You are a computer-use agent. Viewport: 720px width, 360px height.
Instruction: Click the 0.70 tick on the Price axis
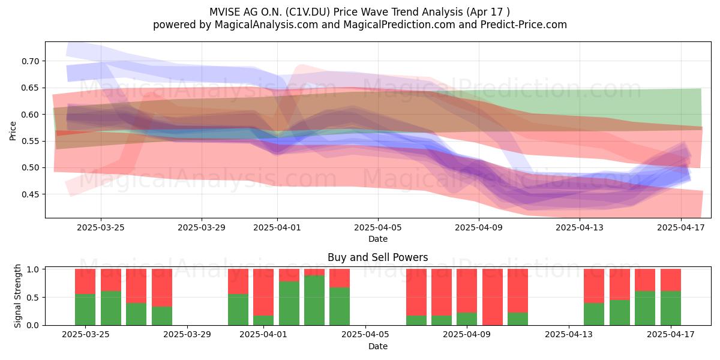point(31,61)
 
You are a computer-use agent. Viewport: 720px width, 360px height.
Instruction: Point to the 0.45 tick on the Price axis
point(31,194)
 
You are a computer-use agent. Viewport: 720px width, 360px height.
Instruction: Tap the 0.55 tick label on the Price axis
point(31,141)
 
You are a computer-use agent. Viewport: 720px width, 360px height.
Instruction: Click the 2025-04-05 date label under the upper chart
point(378,227)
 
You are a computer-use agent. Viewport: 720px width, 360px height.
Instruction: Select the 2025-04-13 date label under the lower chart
point(569,335)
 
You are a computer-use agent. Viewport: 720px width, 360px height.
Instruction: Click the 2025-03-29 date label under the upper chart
point(202,227)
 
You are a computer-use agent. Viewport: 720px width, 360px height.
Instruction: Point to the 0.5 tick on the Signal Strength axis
point(33,298)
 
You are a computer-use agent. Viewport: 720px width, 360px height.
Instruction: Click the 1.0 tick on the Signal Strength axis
point(33,269)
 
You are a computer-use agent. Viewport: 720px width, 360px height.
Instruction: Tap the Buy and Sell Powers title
point(377,257)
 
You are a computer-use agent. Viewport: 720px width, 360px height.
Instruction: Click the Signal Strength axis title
point(17,296)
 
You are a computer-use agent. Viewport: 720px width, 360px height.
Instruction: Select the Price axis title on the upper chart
point(13,131)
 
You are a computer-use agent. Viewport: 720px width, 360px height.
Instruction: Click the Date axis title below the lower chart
point(378,346)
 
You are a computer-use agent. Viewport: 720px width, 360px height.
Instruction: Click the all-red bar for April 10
point(493,297)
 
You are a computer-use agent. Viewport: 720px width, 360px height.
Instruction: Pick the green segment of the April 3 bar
point(314,300)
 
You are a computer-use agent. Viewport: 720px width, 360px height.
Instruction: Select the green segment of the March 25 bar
point(85,310)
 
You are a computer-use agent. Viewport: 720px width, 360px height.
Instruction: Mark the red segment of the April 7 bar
point(416,292)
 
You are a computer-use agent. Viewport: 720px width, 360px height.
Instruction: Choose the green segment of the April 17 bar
point(671,308)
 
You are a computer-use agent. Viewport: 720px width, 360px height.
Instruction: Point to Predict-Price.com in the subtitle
point(524,25)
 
